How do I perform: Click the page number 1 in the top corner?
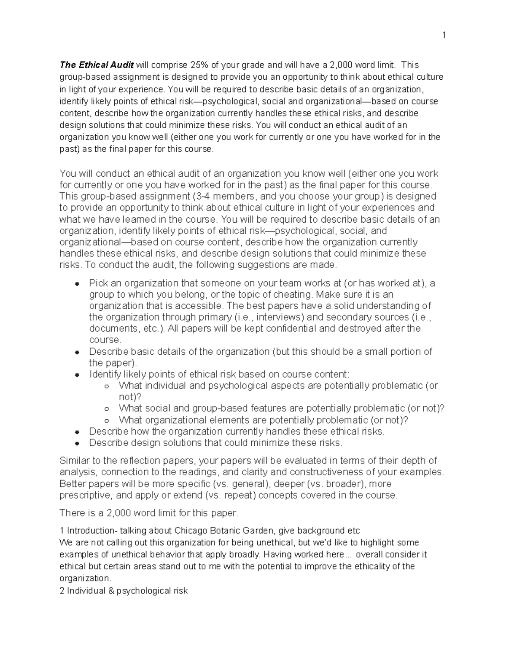pyautogui.click(x=444, y=35)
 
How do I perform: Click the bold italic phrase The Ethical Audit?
pyautogui.click(x=97, y=65)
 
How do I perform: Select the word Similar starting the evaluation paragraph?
pyautogui.click(x=75, y=461)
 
